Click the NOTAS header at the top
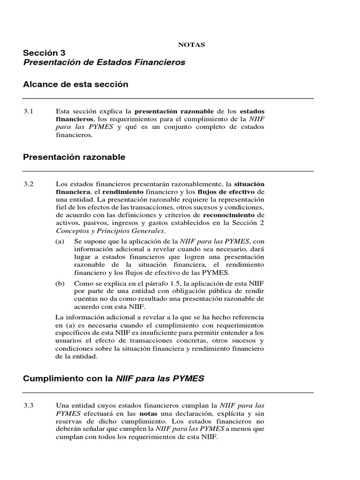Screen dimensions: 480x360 (x=191, y=45)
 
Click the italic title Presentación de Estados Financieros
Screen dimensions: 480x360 (x=104, y=62)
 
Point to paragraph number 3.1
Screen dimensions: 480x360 (x=29, y=111)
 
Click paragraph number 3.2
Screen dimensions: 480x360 (x=29, y=184)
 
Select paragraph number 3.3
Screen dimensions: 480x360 (x=29, y=405)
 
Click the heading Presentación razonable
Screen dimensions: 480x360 (x=74, y=157)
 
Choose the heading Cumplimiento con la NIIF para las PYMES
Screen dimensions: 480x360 (x=113, y=378)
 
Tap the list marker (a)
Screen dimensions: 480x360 (x=60, y=240)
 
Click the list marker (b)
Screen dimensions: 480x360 (x=60, y=283)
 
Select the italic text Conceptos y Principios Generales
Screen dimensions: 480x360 (x=110, y=231)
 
